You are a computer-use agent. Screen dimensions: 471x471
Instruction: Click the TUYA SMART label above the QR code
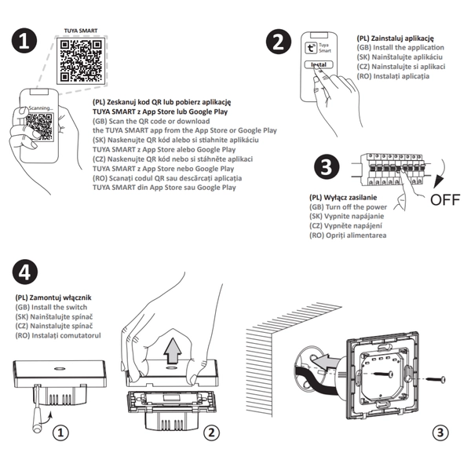(x=81, y=31)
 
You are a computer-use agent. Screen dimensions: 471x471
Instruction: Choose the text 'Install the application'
(x=400, y=48)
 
